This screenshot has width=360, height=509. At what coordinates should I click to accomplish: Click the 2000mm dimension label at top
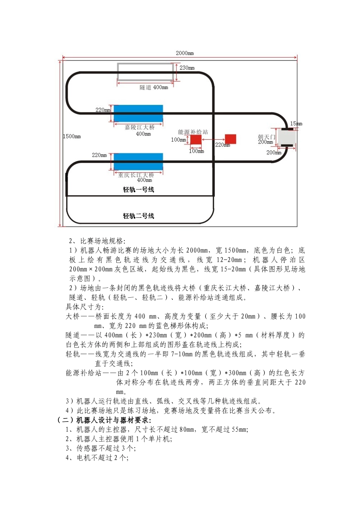coord(185,53)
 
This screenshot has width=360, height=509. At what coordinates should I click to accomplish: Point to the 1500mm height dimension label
coord(72,136)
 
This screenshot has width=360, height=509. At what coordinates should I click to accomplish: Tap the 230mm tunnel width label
coord(187,68)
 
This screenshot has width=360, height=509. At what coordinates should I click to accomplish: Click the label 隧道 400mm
coord(154,87)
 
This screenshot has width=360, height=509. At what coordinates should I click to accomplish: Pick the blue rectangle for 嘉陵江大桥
coord(138,113)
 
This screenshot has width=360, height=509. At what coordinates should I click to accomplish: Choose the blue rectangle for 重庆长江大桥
coord(138,161)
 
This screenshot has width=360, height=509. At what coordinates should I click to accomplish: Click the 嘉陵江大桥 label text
coord(140,127)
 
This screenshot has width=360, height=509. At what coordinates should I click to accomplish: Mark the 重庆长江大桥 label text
coord(136,175)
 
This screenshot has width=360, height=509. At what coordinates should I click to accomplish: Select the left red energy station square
coord(196,139)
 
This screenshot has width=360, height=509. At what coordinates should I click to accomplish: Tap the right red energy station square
coord(230,139)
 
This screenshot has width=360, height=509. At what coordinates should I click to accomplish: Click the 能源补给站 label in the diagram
coord(193,132)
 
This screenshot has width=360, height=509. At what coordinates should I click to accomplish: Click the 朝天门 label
coord(266,137)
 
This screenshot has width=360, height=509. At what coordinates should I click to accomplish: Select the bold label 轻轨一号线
coord(138,190)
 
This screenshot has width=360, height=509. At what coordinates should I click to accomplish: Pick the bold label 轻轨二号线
coord(138,216)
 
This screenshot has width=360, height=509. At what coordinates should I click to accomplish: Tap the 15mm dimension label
coord(296,123)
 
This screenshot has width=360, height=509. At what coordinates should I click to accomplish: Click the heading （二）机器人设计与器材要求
coord(104,420)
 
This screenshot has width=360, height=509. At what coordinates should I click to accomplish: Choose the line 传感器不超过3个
coord(100,448)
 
